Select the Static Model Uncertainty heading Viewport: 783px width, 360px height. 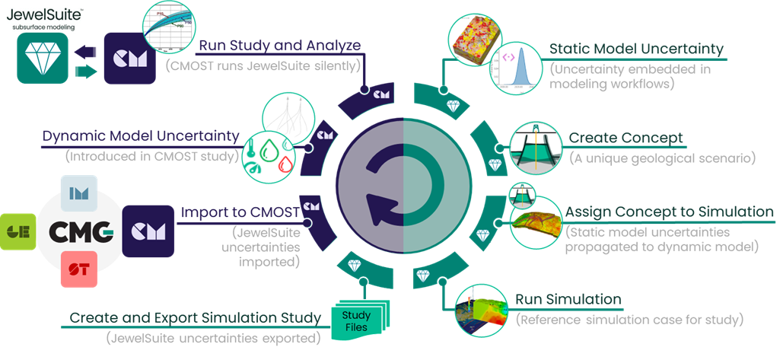tap(636, 49)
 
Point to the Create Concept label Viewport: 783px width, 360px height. tap(625, 139)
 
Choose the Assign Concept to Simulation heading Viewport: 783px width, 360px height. tap(669, 212)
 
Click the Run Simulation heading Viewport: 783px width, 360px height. tap(568, 299)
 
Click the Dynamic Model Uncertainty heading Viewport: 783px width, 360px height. tap(141, 137)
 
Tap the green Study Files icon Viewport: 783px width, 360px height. tap(356, 321)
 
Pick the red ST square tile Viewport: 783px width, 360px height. tap(78, 269)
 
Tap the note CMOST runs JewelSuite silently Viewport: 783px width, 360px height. tap(263, 65)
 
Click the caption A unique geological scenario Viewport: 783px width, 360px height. tap(661, 158)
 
